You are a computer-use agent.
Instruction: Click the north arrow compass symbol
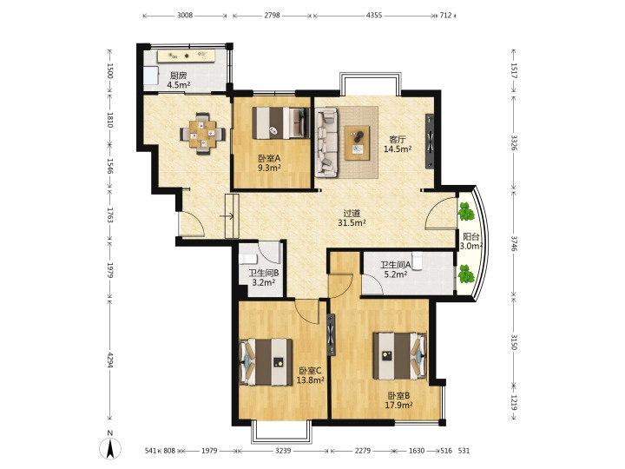pyautogui.click(x=110, y=446)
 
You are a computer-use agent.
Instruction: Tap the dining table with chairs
pyautogui.click(x=202, y=134)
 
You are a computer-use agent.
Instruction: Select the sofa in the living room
pyautogui.click(x=326, y=142)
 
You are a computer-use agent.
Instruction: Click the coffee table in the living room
pyautogui.click(x=357, y=142)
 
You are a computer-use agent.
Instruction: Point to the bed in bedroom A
pyautogui.click(x=281, y=122)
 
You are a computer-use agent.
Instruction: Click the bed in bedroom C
pyautogui.click(x=266, y=362)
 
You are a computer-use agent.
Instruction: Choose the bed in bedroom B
pyautogui.click(x=400, y=356)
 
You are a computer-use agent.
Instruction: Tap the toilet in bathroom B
pyautogui.click(x=248, y=259)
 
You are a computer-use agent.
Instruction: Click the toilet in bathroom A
pyautogui.click(x=417, y=261)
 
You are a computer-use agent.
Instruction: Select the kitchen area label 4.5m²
pyautogui.click(x=179, y=85)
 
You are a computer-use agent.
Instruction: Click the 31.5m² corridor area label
pyautogui.click(x=352, y=223)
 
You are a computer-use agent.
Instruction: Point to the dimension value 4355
pyautogui.click(x=374, y=16)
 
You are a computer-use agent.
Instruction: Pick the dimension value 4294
pyautogui.click(x=110, y=360)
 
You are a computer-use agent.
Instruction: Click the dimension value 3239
pyautogui.click(x=283, y=451)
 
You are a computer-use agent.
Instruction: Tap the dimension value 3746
pyautogui.click(x=514, y=241)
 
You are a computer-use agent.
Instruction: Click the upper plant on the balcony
pyautogui.click(x=465, y=211)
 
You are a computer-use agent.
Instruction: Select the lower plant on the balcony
pyautogui.click(x=465, y=274)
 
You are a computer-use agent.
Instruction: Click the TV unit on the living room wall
pyautogui.click(x=430, y=142)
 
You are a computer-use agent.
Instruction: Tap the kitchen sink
pyautogui.click(x=151, y=76)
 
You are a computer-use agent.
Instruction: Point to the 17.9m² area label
pyautogui.click(x=398, y=406)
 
